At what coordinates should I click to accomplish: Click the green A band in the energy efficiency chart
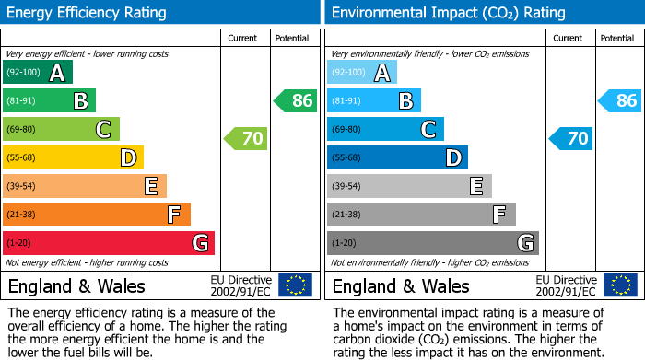[38, 73]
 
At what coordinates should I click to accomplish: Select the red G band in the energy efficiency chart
[109, 243]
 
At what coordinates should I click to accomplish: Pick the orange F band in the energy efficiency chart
[97, 215]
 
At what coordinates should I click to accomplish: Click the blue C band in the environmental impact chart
[385, 129]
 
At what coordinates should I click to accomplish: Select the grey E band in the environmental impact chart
[409, 186]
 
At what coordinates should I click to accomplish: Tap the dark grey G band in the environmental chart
[433, 243]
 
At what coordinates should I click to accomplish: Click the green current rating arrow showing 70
[246, 139]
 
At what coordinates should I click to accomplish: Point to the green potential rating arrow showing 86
[295, 100]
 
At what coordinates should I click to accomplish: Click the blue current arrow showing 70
[570, 139]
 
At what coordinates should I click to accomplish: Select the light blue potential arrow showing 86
[619, 100]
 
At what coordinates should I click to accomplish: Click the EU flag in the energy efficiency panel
[295, 285]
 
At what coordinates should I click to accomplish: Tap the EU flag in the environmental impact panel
[619, 285]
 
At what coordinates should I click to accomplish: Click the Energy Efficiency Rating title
[88, 13]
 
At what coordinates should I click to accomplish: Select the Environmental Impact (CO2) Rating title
[448, 13]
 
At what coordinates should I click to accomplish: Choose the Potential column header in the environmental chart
[617, 38]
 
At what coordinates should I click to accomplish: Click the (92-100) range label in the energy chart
[24, 73]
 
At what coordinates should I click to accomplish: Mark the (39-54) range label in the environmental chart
[348, 186]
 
